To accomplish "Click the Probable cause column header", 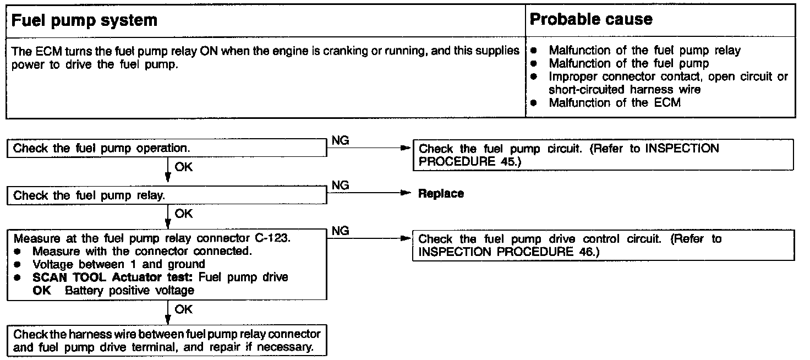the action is (590, 20).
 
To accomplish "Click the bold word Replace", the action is (441, 194).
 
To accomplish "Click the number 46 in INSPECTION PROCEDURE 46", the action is (582, 252).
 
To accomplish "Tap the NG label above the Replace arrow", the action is (341, 186).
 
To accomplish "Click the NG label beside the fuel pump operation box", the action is (341, 141).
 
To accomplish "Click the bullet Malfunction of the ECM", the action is (614, 103).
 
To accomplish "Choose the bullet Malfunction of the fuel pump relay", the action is (644, 51).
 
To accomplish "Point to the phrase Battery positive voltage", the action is (129, 291).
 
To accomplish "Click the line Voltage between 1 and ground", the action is (119, 265).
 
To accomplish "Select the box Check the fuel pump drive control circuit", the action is (603, 246).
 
